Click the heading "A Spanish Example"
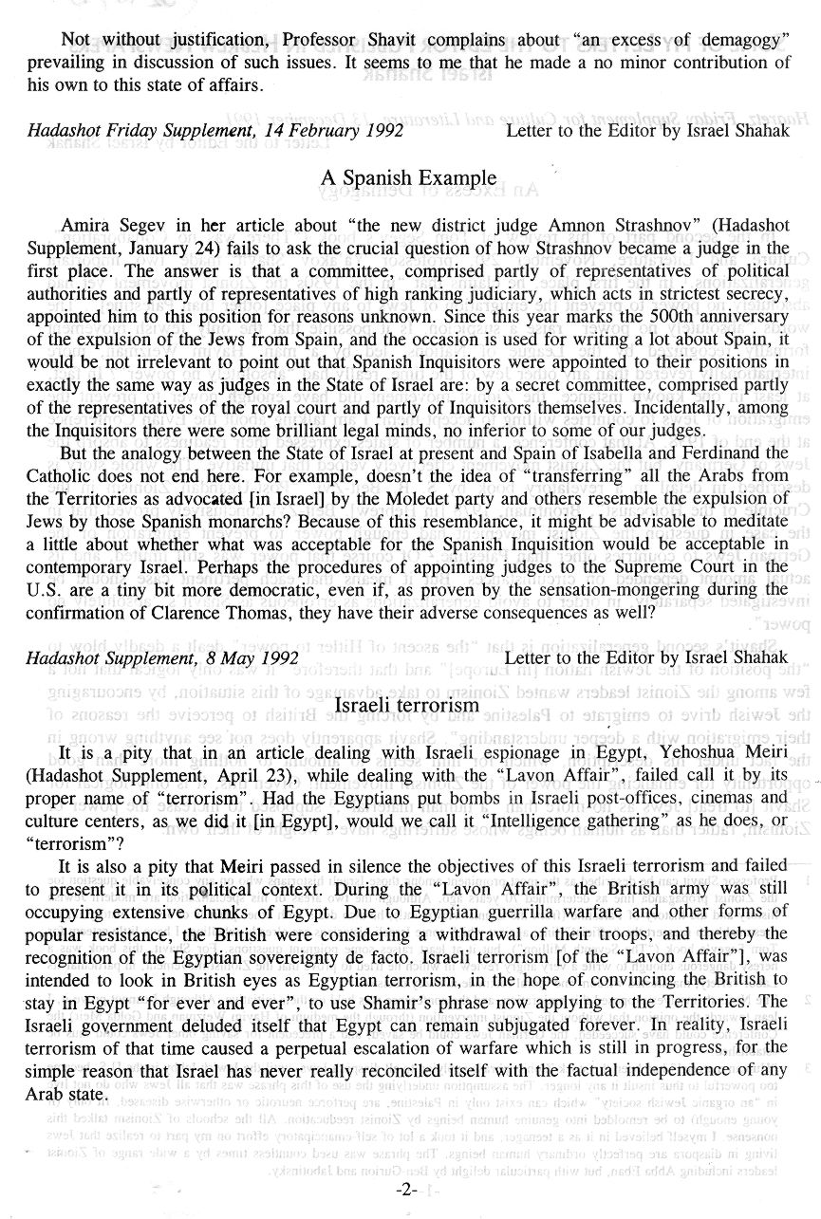pyautogui.click(x=409, y=178)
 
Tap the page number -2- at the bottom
pyautogui.click(x=409, y=1191)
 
